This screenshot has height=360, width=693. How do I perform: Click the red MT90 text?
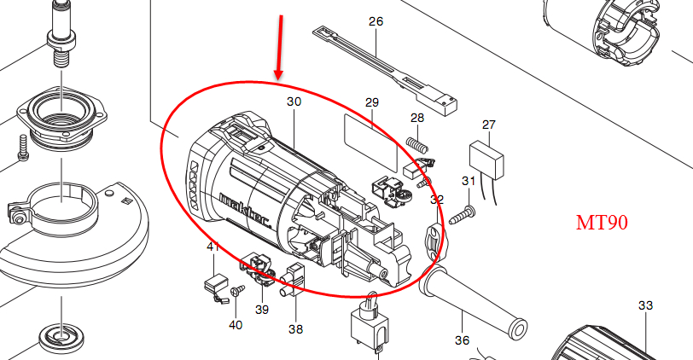click(602, 223)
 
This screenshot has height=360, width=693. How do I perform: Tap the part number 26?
click(376, 21)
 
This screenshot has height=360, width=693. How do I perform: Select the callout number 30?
click(294, 102)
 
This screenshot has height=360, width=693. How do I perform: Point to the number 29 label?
click(372, 102)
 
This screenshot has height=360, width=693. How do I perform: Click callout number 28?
click(417, 118)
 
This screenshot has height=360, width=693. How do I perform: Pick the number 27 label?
click(489, 125)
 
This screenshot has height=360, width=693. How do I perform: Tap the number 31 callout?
click(469, 181)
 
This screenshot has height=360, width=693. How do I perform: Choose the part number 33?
click(646, 305)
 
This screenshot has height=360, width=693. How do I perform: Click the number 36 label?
click(462, 340)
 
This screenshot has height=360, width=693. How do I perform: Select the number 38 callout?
click(295, 329)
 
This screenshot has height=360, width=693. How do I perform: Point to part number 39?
click(262, 310)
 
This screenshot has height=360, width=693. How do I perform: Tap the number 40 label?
click(236, 325)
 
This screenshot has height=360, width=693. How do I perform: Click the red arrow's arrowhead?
click(278, 73)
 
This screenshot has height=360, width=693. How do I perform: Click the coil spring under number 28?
click(416, 145)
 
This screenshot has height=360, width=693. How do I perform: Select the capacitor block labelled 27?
click(486, 159)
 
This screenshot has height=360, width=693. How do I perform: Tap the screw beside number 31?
click(462, 215)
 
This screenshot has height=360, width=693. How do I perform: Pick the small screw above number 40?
click(238, 290)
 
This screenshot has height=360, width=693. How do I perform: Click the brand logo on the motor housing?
click(245, 209)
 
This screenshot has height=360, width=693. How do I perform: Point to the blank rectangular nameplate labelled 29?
click(370, 142)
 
